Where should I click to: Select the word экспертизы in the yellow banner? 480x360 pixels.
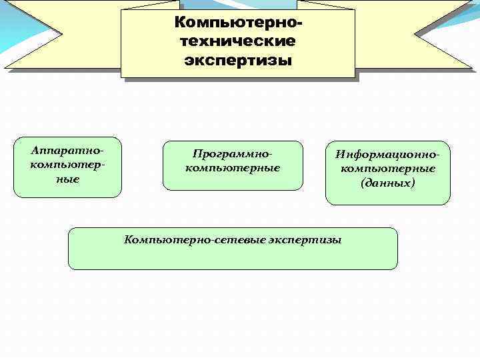click(x=238, y=61)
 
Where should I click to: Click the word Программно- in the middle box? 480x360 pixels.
click(x=233, y=154)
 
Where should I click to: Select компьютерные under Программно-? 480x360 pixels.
click(x=233, y=168)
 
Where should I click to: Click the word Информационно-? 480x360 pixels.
click(x=387, y=154)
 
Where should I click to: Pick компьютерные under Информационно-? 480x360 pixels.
click(x=387, y=168)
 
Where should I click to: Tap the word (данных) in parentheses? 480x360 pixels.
click(x=387, y=182)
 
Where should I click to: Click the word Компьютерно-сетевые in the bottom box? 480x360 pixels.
click(x=194, y=239)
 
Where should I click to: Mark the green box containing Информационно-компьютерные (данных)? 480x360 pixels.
click(x=387, y=196)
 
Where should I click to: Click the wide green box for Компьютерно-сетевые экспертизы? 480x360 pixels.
click(x=233, y=257)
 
